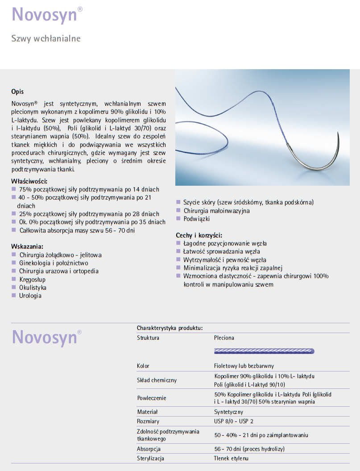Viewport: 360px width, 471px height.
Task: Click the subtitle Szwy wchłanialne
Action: (x=46, y=38)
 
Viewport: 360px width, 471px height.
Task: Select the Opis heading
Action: (x=17, y=92)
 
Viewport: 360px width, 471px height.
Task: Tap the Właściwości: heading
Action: (x=29, y=181)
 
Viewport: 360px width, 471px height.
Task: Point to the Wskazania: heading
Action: (x=27, y=246)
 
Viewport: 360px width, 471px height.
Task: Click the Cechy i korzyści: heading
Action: (x=199, y=235)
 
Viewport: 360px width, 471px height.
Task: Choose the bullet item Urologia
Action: (x=30, y=296)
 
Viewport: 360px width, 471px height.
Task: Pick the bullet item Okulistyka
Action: (x=33, y=288)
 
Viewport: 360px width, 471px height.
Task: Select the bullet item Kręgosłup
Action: (x=33, y=279)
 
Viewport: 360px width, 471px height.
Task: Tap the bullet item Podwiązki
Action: (x=196, y=219)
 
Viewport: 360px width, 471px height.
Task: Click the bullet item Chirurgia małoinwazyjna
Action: (x=216, y=211)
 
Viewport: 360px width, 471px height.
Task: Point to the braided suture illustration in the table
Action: (x=264, y=351)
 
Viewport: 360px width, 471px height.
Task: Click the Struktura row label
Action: (x=148, y=338)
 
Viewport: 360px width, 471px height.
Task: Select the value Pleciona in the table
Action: (x=224, y=338)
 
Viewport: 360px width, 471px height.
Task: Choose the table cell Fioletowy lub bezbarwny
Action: (x=244, y=366)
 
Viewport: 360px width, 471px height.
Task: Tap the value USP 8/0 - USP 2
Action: (x=234, y=421)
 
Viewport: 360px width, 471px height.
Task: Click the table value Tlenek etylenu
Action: (x=231, y=458)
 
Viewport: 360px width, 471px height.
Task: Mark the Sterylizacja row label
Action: (x=151, y=458)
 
